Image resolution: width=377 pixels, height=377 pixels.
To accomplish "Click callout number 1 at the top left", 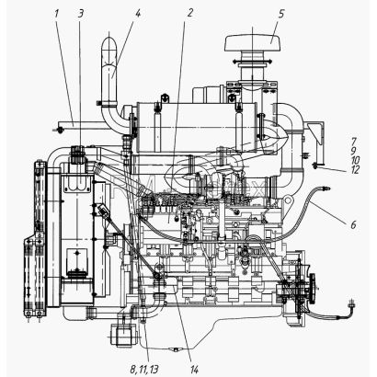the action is coord(56,14).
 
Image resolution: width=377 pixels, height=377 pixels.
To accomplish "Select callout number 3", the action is coord(81,14).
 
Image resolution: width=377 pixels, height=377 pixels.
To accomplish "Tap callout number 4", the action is coord(138,14).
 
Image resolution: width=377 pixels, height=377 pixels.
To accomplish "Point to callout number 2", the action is coord(190,13).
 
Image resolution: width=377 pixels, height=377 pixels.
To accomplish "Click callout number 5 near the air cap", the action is coord(281,14).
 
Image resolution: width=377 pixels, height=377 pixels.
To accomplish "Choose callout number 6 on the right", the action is coord(354,224).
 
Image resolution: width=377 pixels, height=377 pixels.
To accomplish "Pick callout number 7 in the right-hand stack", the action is coord(354,142).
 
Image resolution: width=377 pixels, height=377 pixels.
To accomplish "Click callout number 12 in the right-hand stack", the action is coord(355,169).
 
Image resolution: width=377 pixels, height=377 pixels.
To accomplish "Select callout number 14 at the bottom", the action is coord(194,370).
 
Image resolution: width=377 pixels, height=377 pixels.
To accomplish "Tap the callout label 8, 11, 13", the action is coord(144,370).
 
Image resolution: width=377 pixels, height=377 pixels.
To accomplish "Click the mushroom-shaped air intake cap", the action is coord(253,43).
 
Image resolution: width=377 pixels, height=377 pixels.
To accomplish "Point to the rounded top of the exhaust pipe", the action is coord(109,41).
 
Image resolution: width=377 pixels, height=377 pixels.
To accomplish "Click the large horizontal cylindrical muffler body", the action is coord(197,127).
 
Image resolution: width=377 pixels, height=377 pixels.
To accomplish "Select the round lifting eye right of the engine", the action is coord(288,201).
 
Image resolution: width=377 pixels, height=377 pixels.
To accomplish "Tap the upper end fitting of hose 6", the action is coord(326,188).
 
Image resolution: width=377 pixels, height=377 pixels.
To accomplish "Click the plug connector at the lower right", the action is coord(352,305).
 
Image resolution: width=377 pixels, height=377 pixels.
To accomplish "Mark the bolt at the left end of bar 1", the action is coord(59,131).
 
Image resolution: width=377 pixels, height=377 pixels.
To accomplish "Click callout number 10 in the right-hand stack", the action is coord(355,160).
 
